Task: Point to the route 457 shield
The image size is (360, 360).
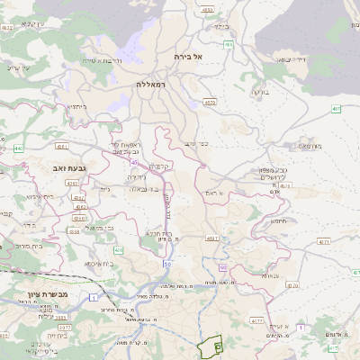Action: pos(335,110)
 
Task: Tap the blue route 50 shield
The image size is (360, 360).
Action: pos(167,264)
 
